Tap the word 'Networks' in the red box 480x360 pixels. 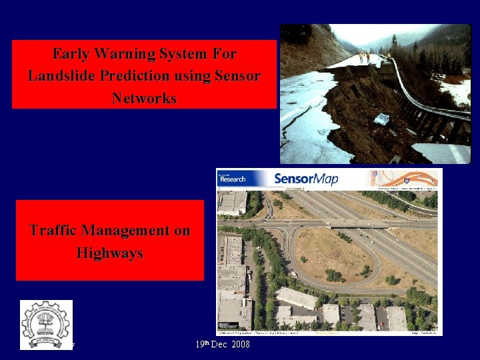[x=144, y=99]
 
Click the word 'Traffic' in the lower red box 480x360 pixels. [x=53, y=231]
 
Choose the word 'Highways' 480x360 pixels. [x=109, y=253]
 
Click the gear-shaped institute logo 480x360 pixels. [x=45, y=324]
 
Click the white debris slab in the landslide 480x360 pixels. [x=381, y=119]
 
